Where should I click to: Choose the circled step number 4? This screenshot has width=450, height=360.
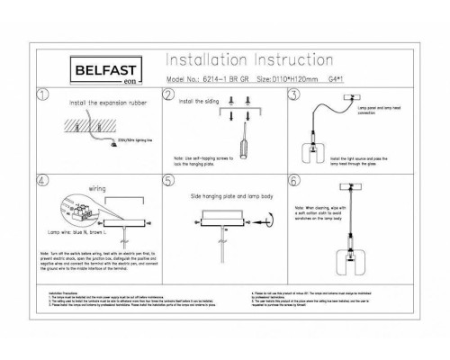pyautogui.click(x=41, y=180)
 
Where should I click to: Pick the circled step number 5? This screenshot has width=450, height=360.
pyautogui.click(x=168, y=180)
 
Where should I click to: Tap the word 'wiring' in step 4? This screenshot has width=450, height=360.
pyautogui.click(x=98, y=190)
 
